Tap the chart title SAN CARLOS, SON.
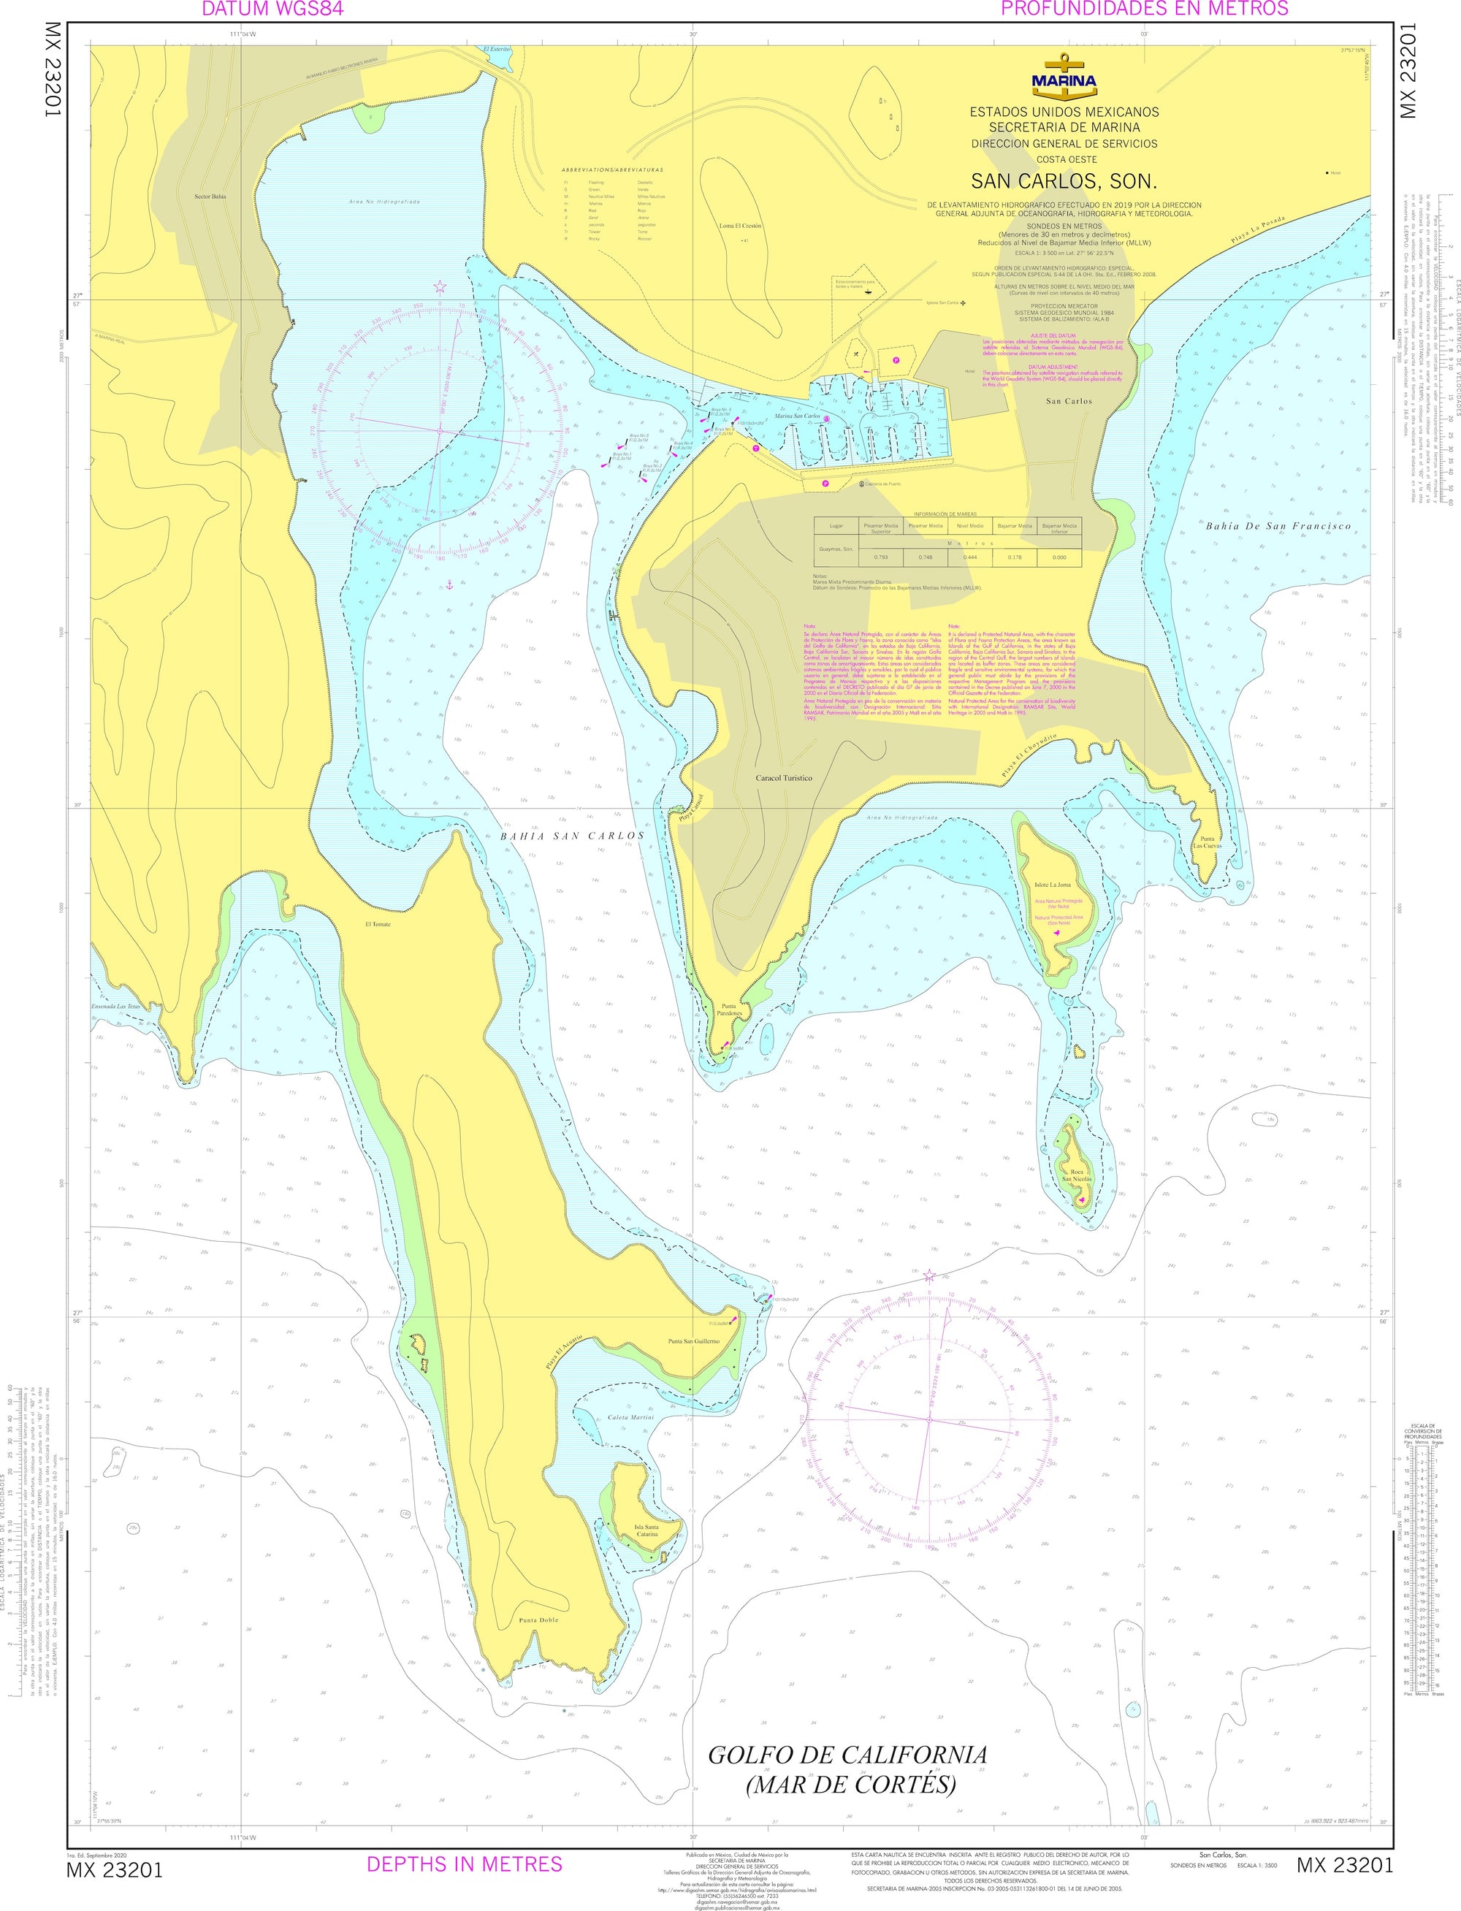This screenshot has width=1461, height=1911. [1064, 182]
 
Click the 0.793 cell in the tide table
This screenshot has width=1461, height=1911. [880, 557]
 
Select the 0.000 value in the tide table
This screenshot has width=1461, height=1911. [1058, 557]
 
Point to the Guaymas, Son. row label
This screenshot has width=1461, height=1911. [836, 549]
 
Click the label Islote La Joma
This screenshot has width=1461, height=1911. [1052, 884]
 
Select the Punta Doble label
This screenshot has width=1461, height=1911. [538, 1620]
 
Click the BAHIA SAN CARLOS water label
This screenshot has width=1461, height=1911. [571, 836]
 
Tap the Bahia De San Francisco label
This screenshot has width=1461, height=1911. [1278, 526]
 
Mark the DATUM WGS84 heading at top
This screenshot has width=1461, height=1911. [272, 9]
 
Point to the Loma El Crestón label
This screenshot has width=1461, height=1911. [739, 225]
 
